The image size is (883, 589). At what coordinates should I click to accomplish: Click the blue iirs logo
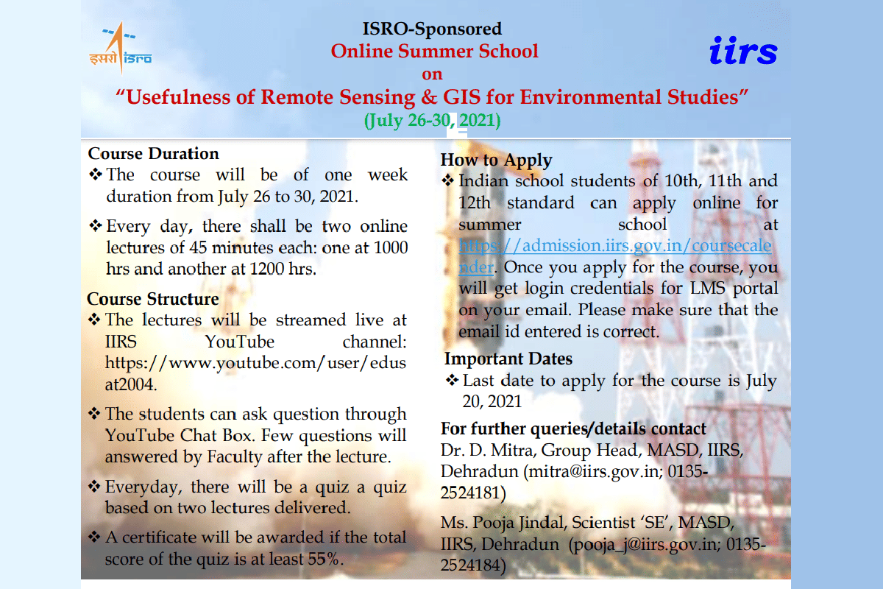(x=743, y=51)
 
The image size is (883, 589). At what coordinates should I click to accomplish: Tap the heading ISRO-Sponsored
(x=432, y=29)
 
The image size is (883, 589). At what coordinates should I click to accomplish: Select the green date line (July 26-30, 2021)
(x=432, y=120)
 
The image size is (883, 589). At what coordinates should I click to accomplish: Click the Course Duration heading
(x=153, y=154)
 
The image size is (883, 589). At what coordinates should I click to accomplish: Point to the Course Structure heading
(x=152, y=299)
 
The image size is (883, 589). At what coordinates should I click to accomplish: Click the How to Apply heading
(x=496, y=160)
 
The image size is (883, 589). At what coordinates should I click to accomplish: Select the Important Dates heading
(x=508, y=359)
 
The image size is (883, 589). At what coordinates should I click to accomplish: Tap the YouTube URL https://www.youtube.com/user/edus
(x=255, y=362)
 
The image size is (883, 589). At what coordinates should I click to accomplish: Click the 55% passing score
(x=325, y=559)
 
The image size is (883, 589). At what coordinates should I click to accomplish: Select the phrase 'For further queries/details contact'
(x=573, y=428)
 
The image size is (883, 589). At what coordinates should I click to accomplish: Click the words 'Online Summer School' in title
(x=434, y=51)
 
